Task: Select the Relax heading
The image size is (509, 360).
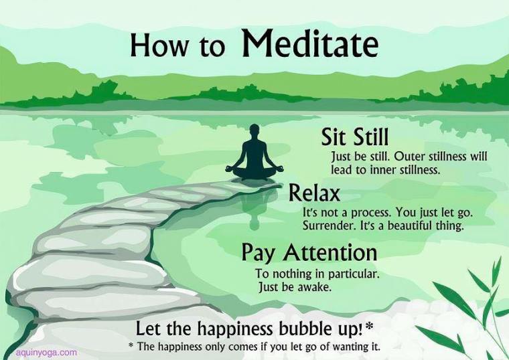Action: click(314, 193)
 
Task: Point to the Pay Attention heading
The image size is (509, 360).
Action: click(309, 253)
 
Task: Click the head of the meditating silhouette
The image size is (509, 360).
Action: click(254, 132)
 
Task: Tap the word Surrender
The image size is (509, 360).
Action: click(328, 226)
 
